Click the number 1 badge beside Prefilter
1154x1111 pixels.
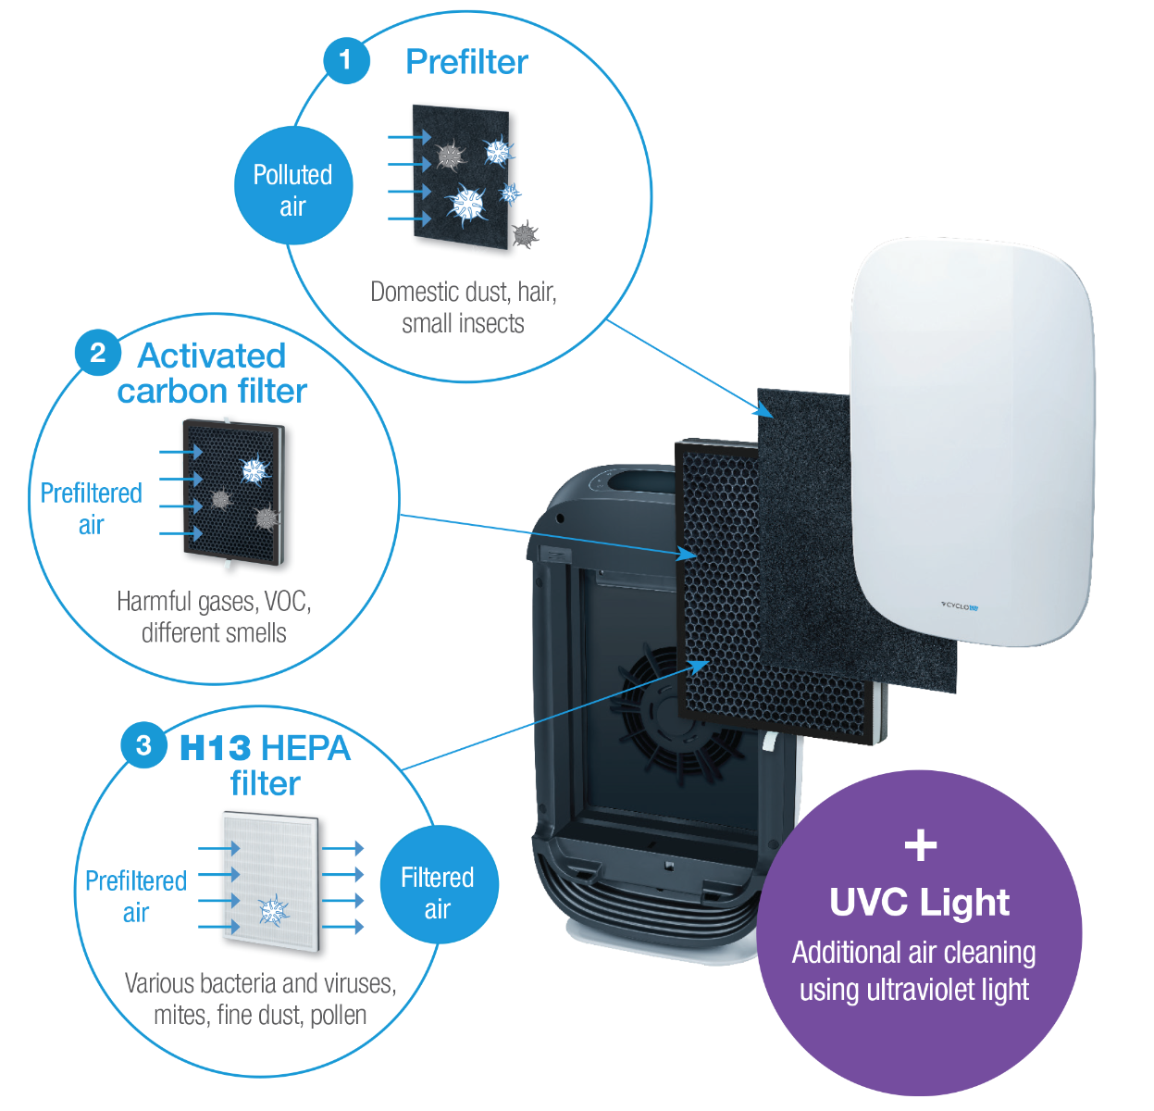345,60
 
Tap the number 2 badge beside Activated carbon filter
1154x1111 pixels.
97,353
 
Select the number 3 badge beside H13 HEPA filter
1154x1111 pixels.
143,745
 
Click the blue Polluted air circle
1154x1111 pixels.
292,188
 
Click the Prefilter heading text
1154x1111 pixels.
466,62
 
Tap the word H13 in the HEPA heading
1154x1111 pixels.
215,748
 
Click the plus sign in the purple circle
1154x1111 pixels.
920,844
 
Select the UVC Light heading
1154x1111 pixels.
919,903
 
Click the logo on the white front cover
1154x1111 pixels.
960,607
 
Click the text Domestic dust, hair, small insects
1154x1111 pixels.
463,307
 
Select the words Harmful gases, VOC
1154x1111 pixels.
214,602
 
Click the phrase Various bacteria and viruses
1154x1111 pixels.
260,983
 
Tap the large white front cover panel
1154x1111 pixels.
972,435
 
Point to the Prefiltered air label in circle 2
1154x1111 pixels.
91,508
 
